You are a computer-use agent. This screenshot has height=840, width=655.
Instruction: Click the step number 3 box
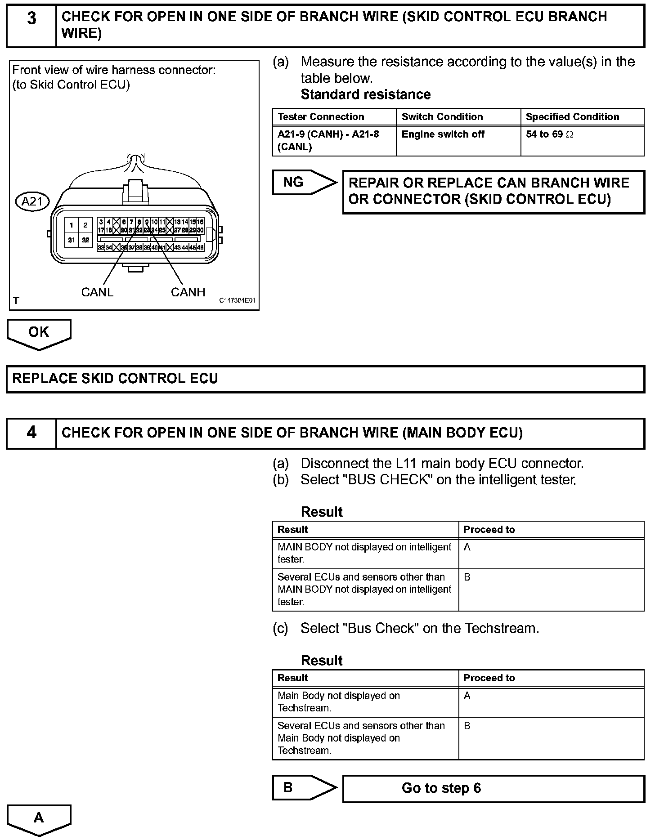point(31,25)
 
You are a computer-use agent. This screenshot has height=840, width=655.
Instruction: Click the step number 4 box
point(31,433)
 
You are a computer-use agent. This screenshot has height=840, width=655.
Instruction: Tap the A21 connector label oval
point(32,201)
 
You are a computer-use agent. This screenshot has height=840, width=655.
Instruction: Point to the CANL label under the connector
point(97,292)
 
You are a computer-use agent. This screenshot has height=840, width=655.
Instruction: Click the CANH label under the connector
point(188,292)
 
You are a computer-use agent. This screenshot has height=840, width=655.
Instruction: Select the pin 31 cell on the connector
point(72,240)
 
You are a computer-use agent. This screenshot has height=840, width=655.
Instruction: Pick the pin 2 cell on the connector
point(85,225)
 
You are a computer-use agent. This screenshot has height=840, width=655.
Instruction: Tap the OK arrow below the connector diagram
point(39,333)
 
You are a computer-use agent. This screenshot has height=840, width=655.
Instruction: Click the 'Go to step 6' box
point(493,788)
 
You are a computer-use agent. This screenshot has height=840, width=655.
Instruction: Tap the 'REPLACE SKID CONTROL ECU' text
point(115,379)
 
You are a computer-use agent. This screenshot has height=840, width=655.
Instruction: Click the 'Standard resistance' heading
point(365,94)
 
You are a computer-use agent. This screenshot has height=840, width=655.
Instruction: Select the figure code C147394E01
point(237,300)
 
